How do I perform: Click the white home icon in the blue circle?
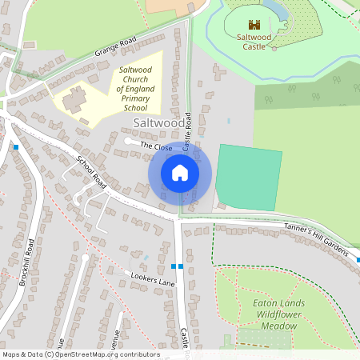(x=180, y=172)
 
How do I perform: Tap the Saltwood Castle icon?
(x=254, y=25)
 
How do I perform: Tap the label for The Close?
(x=157, y=146)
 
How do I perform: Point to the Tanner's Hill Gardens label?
(x=318, y=239)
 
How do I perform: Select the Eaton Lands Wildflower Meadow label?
(x=286, y=314)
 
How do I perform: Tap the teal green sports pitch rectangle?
(x=249, y=178)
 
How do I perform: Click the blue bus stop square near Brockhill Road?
(x=16, y=147)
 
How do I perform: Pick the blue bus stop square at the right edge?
(x=358, y=260)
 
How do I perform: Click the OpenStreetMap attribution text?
(x=81, y=354)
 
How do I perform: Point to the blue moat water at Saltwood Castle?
(x=280, y=10)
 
